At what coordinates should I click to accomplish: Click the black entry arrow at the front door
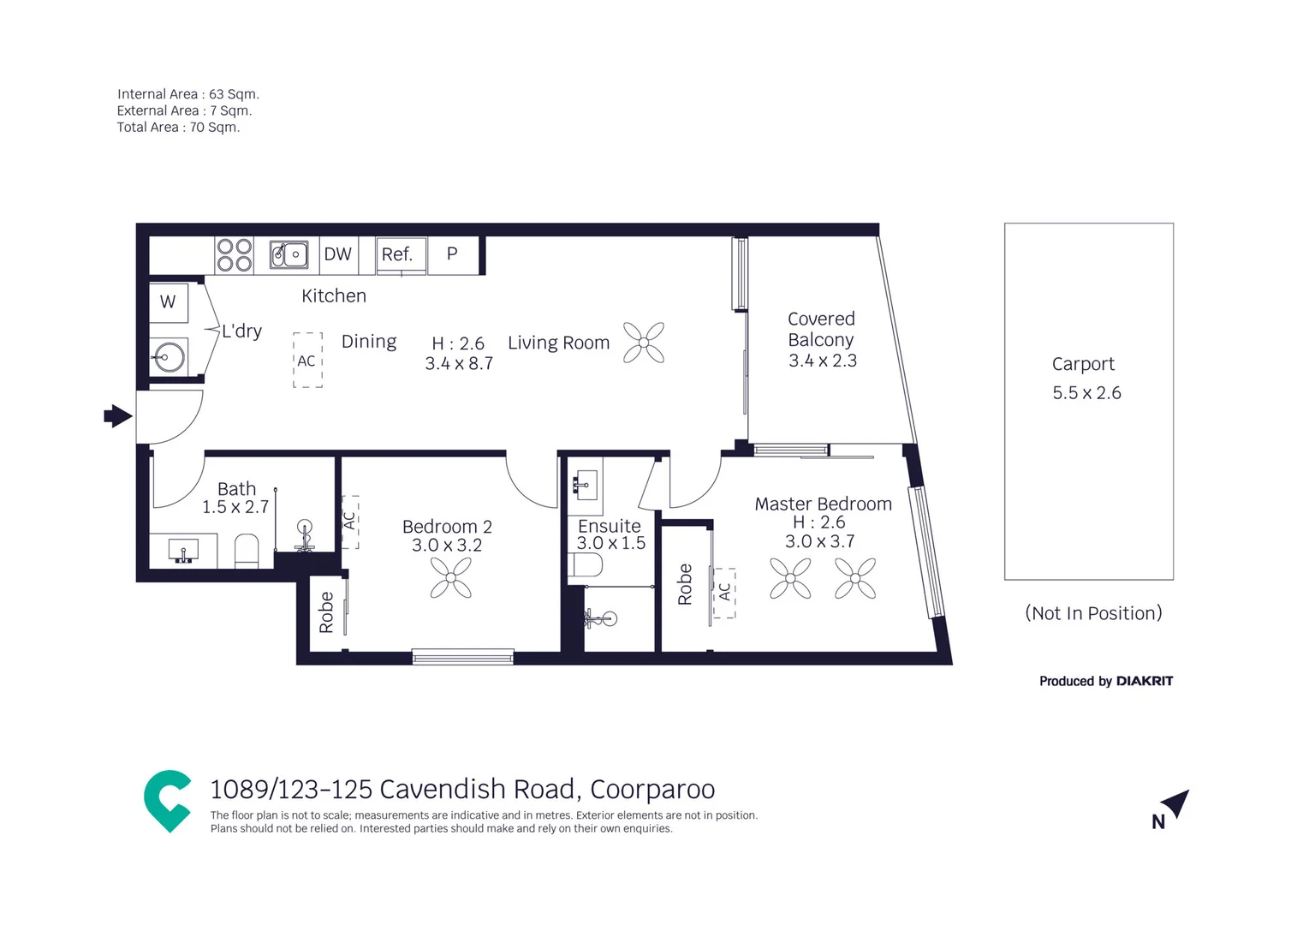(x=118, y=417)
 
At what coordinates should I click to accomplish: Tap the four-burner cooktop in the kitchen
(x=234, y=255)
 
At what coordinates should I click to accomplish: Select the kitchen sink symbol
(x=289, y=255)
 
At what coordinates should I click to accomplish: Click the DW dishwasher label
(x=337, y=254)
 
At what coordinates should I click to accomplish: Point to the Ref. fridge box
(x=398, y=255)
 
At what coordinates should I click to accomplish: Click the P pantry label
(x=452, y=254)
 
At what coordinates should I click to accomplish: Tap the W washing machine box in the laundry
(x=168, y=302)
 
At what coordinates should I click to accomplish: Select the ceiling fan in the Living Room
(x=644, y=343)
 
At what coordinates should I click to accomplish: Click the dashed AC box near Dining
(x=307, y=361)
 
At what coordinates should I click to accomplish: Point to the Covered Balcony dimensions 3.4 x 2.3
(x=822, y=361)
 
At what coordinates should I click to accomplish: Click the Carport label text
(x=1083, y=364)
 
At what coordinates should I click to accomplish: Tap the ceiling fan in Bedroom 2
(x=450, y=577)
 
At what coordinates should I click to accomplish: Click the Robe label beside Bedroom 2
(x=326, y=612)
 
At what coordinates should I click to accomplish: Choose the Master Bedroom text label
(x=823, y=504)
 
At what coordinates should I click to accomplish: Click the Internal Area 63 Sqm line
(x=187, y=94)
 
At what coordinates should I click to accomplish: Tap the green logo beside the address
(x=167, y=801)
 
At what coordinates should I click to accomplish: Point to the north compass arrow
(x=1176, y=803)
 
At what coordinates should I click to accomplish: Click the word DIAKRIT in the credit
(x=1145, y=681)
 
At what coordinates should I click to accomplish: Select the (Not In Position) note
(x=1093, y=613)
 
